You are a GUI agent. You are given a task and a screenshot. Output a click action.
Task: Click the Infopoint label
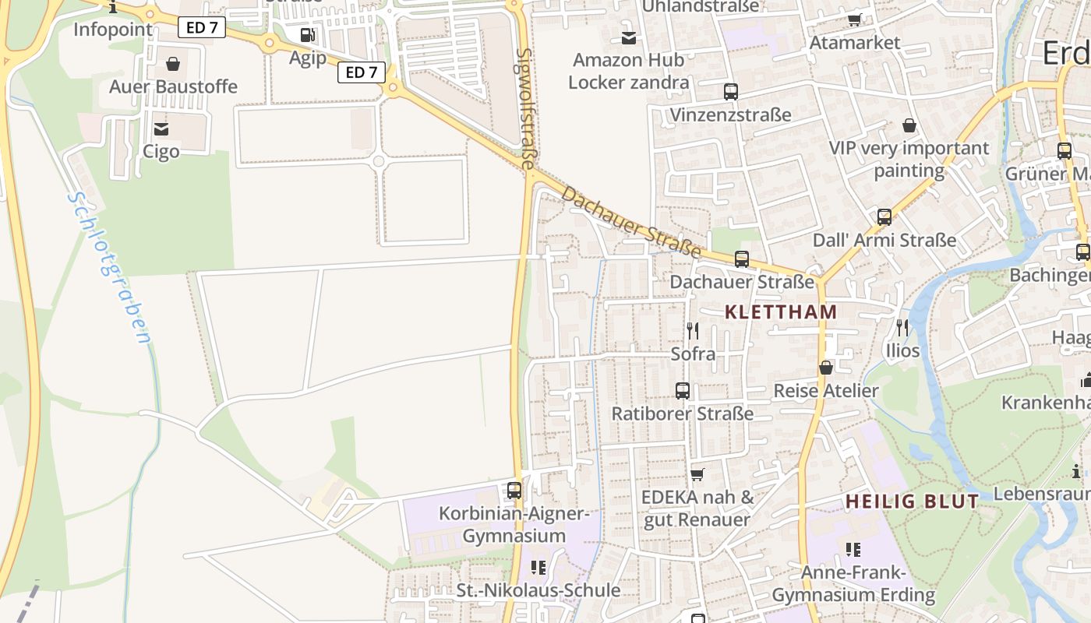113,30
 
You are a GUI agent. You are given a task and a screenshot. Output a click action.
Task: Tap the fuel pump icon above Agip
308,35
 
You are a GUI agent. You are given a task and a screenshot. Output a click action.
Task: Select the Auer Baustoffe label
173,86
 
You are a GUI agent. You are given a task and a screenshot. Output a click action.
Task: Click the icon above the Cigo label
161,128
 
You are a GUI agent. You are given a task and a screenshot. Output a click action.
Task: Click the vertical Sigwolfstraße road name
527,108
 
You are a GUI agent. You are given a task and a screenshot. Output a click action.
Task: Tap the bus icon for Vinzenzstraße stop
730,92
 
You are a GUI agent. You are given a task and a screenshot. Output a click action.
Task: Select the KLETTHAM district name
781,312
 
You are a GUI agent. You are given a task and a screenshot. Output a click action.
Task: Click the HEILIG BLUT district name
912,502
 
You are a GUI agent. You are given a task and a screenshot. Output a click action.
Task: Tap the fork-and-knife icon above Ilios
902,328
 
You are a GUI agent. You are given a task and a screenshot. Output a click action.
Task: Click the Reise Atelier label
826,390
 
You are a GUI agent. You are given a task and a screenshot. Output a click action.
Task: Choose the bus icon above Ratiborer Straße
683,391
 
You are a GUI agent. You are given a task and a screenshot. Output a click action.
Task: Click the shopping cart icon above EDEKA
697,474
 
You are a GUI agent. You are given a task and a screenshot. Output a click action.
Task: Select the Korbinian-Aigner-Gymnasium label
514,525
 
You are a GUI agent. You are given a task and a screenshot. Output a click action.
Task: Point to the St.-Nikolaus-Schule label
538,590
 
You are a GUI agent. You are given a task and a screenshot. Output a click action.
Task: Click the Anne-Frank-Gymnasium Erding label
853,584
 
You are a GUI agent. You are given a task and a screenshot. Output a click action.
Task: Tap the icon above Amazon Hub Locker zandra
629,37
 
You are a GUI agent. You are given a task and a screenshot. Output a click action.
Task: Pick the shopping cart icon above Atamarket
855,19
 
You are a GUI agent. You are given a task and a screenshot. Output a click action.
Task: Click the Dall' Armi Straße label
884,240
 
